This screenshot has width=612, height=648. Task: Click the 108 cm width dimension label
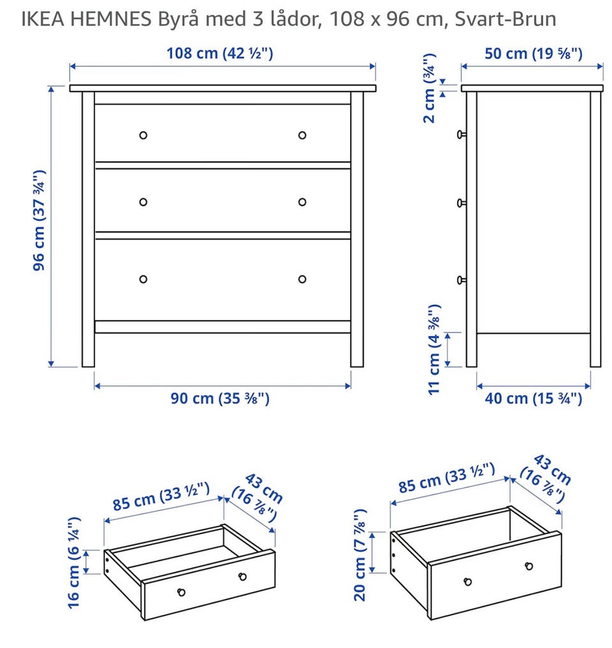[x=220, y=54]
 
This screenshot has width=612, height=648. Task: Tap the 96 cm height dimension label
[x=38, y=220]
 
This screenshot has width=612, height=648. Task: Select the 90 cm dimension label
[x=220, y=399]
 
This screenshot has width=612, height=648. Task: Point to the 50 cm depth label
[x=533, y=54]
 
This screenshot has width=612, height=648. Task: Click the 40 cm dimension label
[x=533, y=399]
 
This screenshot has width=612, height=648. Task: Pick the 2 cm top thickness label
[x=430, y=88]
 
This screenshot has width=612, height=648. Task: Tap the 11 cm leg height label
[x=434, y=350]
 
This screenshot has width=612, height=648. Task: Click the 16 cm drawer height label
[x=74, y=563]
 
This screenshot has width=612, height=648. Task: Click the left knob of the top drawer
[x=143, y=135]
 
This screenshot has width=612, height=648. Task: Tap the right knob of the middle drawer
[x=302, y=202]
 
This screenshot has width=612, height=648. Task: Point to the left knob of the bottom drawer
[x=143, y=279]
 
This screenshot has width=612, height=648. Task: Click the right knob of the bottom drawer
[x=302, y=279]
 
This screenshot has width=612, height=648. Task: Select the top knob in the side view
[x=462, y=135]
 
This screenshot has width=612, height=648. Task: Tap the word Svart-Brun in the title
[x=506, y=19]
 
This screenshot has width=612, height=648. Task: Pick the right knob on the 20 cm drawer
[x=529, y=566]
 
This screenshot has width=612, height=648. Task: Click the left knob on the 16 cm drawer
[x=181, y=593]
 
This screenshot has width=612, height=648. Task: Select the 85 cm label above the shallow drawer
[x=161, y=496]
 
